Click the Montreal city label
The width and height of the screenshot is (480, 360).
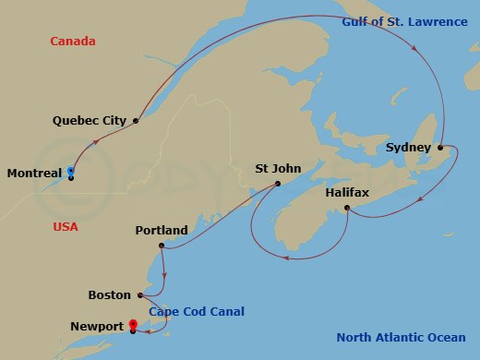click(x=34, y=173)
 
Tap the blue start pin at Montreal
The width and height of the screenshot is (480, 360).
click(x=71, y=171)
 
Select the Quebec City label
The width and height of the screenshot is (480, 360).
click(x=90, y=120)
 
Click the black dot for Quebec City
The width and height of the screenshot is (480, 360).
click(x=136, y=120)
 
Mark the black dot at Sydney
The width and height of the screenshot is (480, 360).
click(x=440, y=148)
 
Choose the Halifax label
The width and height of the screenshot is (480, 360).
click(x=348, y=193)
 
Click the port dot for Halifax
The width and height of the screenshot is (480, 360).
click(x=346, y=209)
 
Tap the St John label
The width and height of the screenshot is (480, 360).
click(x=277, y=169)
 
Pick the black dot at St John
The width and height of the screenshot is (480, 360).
click(x=277, y=184)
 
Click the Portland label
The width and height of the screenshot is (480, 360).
click(x=162, y=230)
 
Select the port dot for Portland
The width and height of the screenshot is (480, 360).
click(x=162, y=246)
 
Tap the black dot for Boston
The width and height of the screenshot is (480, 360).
click(x=139, y=295)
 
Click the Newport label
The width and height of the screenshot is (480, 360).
click(x=97, y=326)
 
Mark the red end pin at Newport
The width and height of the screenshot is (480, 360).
click(x=133, y=324)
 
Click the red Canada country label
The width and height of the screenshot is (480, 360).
click(x=73, y=42)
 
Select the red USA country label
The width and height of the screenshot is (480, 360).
click(x=65, y=226)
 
